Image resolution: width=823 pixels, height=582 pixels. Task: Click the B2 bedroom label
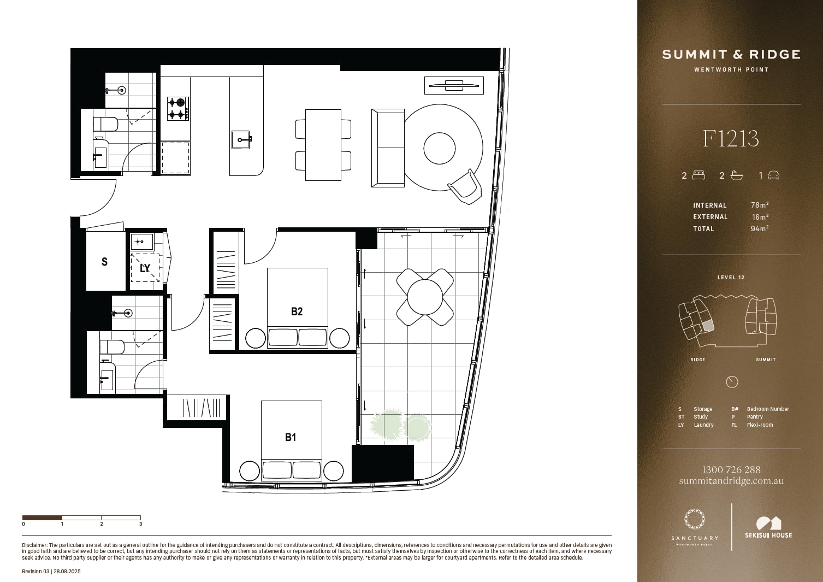click(297, 311)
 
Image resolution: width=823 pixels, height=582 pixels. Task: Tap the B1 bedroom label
click(291, 437)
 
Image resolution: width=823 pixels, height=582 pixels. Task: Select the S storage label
click(104, 262)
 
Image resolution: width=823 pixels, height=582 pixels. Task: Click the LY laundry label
click(145, 268)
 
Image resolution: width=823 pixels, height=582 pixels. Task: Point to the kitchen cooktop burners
click(178, 108)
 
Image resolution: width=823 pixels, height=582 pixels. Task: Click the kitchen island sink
click(241, 140)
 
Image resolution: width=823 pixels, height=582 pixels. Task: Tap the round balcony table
click(425, 297)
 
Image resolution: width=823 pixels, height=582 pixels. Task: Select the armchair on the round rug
click(465, 187)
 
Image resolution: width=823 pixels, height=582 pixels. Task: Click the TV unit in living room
click(454, 85)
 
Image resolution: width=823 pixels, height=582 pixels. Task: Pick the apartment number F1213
click(731, 139)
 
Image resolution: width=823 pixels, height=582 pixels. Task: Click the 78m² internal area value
click(760, 205)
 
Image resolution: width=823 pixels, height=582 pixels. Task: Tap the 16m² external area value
click(760, 216)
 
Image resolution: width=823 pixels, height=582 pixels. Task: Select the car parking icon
click(773, 175)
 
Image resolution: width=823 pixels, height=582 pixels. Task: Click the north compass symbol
click(732, 382)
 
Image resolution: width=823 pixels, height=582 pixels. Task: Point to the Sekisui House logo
click(768, 527)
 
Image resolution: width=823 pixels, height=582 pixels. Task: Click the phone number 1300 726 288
click(731, 469)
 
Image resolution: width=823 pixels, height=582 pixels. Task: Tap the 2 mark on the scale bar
click(102, 524)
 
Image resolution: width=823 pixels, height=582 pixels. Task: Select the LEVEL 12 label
click(731, 277)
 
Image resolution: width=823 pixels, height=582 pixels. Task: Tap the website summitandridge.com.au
click(731, 481)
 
